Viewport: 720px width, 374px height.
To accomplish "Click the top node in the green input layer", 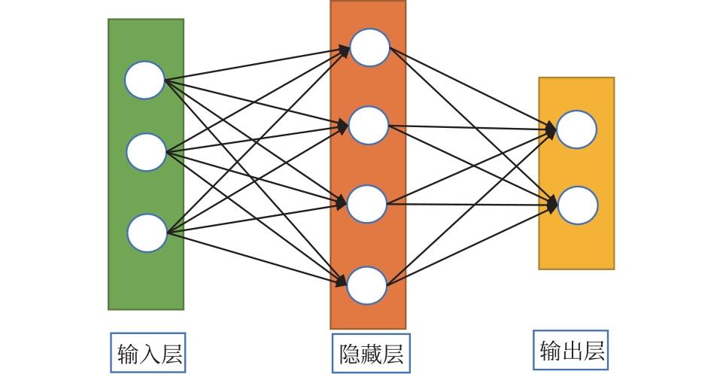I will click(144, 81).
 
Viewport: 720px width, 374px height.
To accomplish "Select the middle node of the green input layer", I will click(146, 152).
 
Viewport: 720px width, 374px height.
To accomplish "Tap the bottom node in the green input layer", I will click(147, 233).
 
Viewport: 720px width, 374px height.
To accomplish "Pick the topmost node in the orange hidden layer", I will click(369, 47).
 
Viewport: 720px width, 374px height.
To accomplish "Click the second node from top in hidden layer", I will click(369, 126).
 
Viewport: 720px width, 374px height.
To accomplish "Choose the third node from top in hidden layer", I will click(368, 204).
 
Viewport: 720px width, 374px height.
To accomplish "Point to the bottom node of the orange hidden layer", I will click(368, 284).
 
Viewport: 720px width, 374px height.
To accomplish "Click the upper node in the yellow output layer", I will click(577, 129).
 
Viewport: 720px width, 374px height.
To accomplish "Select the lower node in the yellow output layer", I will click(578, 205).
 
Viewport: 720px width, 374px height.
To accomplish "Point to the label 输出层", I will click(572, 350).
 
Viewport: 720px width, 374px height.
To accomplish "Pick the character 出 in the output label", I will click(572, 351).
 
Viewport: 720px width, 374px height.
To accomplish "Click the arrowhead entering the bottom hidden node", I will click(342, 282).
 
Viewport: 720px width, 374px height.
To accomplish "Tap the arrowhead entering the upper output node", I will click(551, 131).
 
